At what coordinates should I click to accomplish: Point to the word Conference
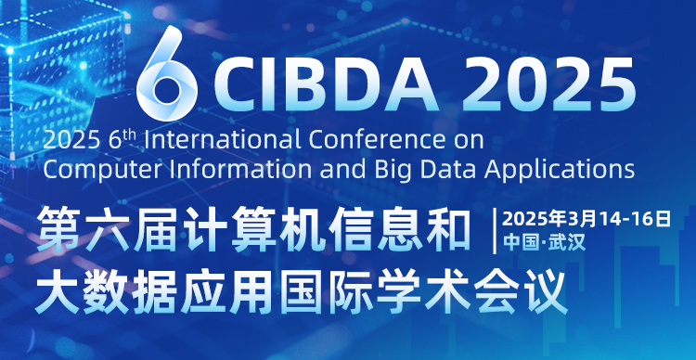tap(376, 141)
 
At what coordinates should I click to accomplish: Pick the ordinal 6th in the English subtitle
tap(121, 140)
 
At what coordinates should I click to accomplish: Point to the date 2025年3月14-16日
tap(586, 219)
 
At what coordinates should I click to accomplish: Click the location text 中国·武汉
tap(544, 243)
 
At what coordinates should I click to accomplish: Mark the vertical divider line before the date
tap(495, 231)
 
